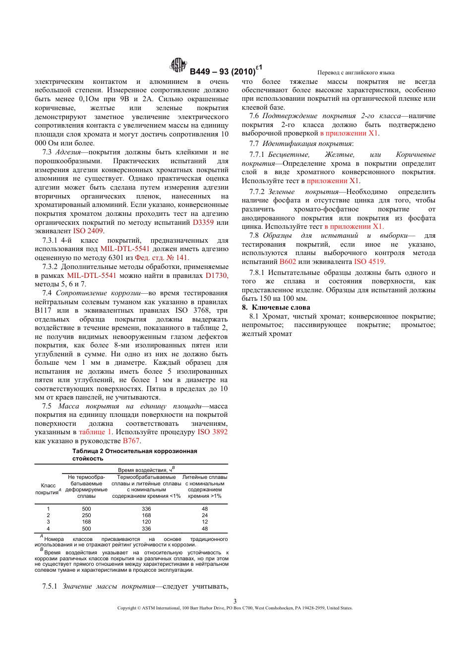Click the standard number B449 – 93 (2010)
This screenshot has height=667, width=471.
[x=222, y=71]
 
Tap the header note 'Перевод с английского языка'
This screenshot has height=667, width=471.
[x=356, y=72]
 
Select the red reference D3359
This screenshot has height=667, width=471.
[x=203, y=222]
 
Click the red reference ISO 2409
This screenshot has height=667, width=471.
[x=88, y=231]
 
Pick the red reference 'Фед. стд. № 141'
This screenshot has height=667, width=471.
[x=162, y=258]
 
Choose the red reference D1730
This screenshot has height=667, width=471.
[x=217, y=275]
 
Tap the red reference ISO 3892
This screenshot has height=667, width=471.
[x=212, y=432]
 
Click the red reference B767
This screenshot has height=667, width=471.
[x=131, y=441]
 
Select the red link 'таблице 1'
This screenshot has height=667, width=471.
[x=95, y=432]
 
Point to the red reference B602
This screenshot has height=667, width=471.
[x=288, y=262]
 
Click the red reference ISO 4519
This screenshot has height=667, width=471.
[x=369, y=262]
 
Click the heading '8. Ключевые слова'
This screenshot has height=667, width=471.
[x=276, y=307]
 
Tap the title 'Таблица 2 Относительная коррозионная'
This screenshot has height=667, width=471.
[x=134, y=451]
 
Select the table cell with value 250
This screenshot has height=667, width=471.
[x=86, y=516]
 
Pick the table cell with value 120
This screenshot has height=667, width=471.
[x=146, y=522]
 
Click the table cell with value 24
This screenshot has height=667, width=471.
[x=205, y=516]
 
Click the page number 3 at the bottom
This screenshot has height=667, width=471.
[x=235, y=601]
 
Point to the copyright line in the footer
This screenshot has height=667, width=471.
[x=235, y=608]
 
